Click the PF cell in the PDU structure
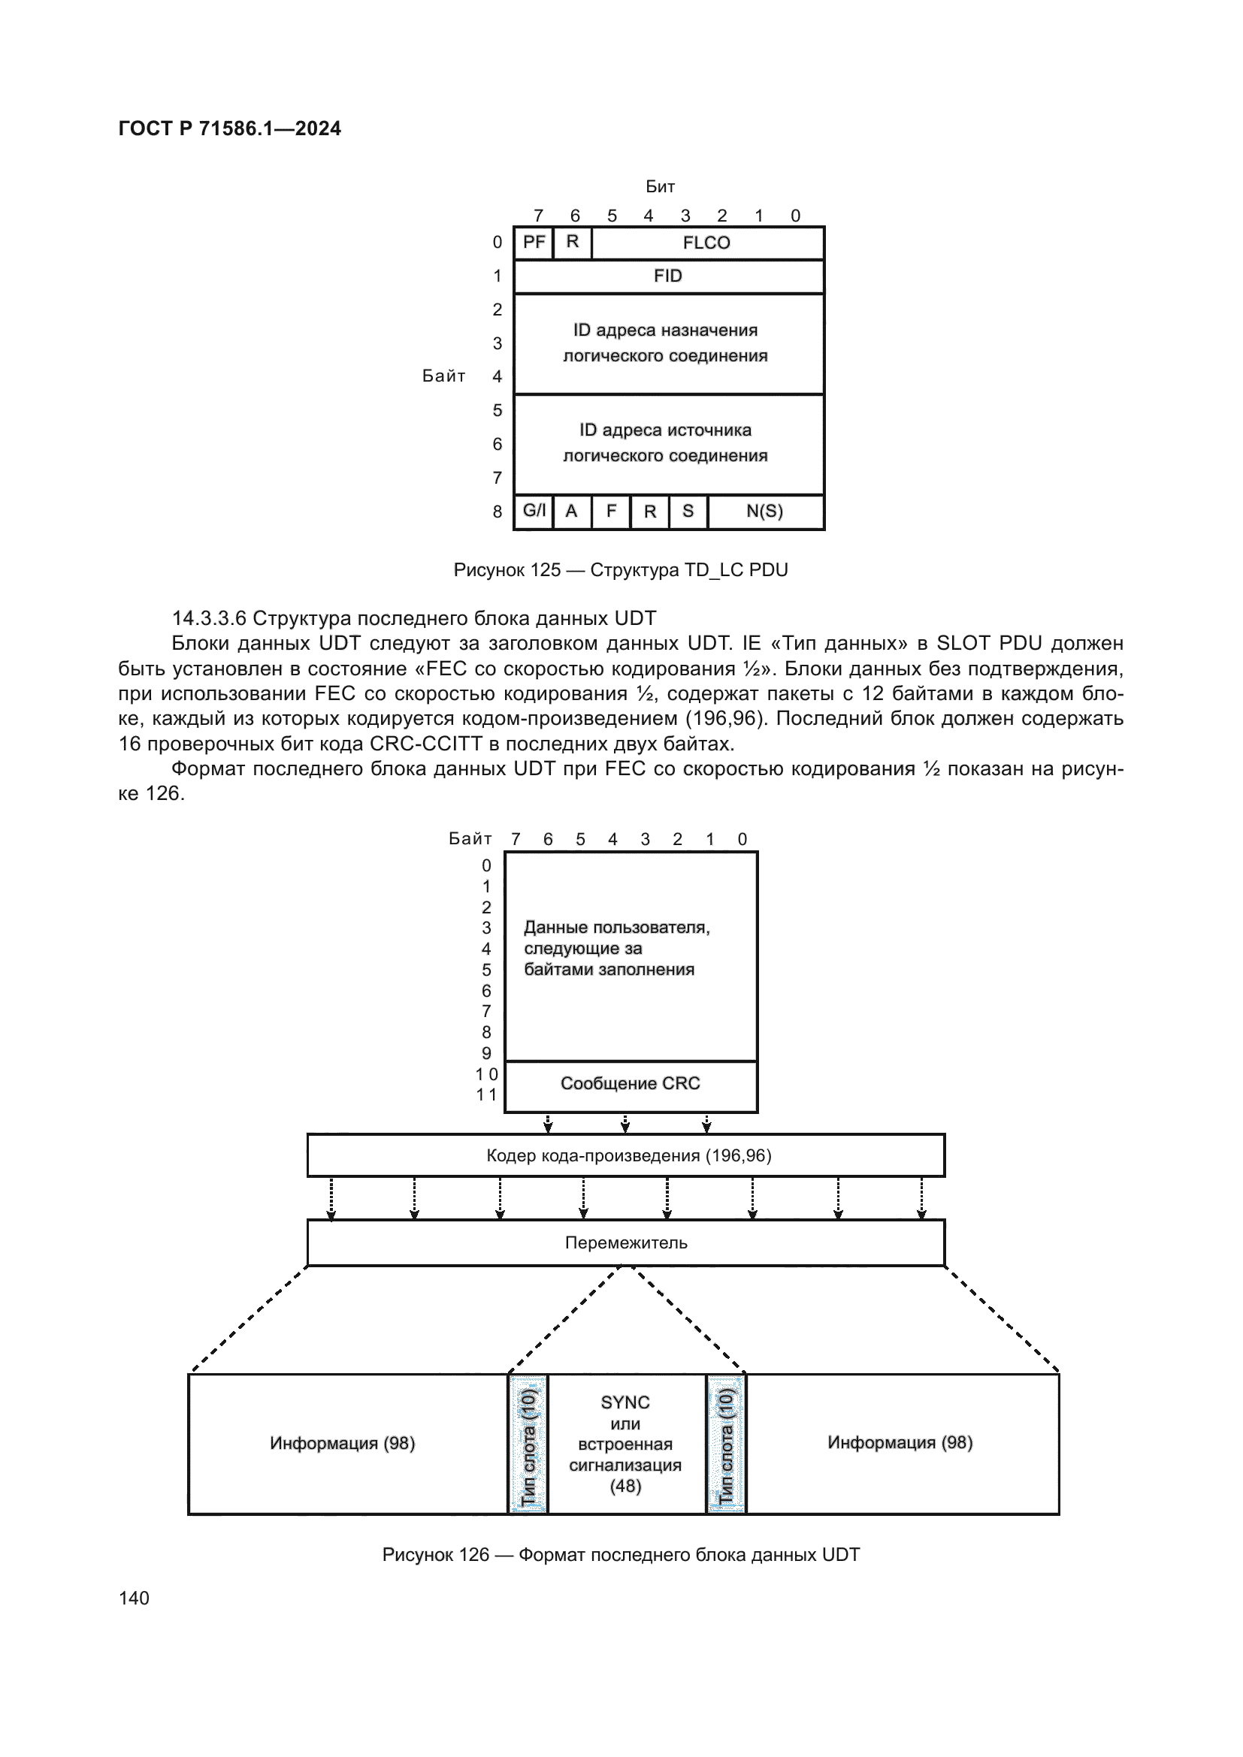(534, 243)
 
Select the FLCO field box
(706, 243)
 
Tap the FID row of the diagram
(668, 276)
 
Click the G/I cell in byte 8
(534, 512)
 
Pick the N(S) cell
(764, 512)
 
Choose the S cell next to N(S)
(688, 512)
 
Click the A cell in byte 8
(571, 512)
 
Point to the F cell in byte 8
(611, 512)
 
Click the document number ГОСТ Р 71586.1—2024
(230, 128)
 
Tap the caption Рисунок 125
(620, 570)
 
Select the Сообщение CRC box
(631, 1085)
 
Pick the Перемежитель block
(625, 1242)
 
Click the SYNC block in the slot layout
(625, 1444)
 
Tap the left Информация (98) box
(342, 1443)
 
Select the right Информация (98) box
(900, 1443)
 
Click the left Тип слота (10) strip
(528, 1444)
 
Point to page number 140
(134, 1598)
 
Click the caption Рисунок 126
(621, 1554)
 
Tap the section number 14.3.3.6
(208, 618)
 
